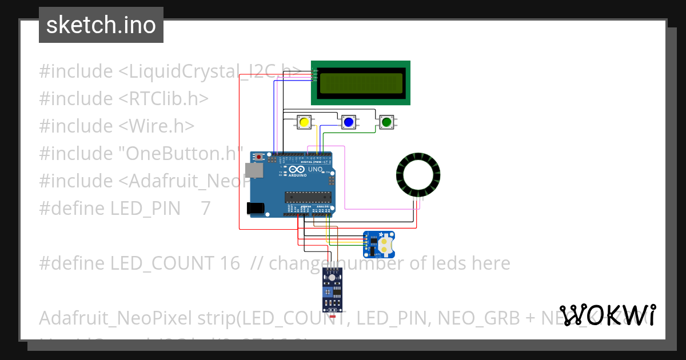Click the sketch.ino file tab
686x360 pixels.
(101, 25)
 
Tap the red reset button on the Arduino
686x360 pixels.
(260, 157)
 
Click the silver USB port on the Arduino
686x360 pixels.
(253, 170)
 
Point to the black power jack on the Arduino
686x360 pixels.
(256, 209)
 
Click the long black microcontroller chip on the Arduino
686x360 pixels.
(309, 197)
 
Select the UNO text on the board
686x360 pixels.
(315, 170)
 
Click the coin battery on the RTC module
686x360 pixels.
(386, 244)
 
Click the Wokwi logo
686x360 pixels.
(607, 315)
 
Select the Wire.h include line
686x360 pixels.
(117, 126)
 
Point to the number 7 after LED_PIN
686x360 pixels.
(206, 208)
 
